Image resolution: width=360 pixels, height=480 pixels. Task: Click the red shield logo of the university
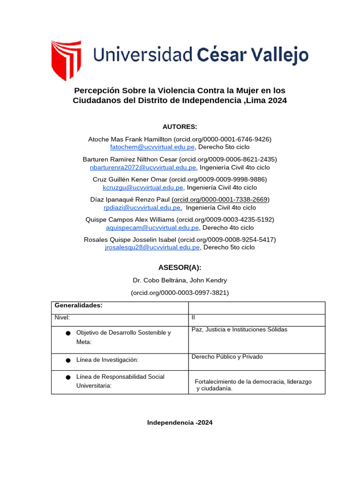point(66,60)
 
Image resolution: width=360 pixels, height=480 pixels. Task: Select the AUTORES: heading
point(180,127)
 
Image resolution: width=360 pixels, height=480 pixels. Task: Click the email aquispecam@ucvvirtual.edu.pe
point(153,227)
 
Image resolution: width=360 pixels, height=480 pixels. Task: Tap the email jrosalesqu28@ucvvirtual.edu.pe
point(152,247)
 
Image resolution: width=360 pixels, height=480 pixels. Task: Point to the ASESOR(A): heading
point(180,267)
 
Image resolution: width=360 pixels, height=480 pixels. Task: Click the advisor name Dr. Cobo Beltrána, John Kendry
point(180,280)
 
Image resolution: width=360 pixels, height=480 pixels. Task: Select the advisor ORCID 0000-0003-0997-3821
point(180,292)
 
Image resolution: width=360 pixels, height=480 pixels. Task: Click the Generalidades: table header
point(78,306)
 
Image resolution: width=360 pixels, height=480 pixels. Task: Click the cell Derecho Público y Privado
point(227,357)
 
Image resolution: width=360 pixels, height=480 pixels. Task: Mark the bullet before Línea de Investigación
point(68,360)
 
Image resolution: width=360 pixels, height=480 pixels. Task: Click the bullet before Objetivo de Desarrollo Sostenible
point(68,333)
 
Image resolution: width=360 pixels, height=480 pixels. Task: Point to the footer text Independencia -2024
point(180,422)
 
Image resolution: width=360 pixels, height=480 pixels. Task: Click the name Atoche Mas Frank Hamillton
point(130,139)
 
